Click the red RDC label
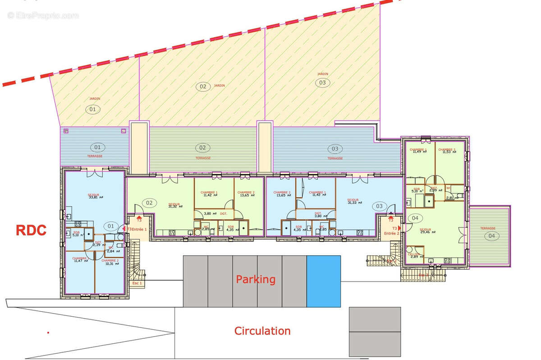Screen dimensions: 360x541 click(31, 231)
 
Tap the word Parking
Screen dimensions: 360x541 click(256, 279)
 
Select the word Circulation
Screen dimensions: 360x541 click(262, 331)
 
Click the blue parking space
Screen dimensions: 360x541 click(323, 281)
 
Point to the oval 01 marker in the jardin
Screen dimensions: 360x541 click(92, 109)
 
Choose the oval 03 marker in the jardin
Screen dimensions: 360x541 click(322, 83)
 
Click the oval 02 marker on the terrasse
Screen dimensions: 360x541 click(202, 148)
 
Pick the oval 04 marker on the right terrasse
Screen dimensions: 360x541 click(490, 235)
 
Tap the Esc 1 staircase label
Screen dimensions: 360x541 click(137, 283)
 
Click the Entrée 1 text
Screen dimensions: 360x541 click(139, 229)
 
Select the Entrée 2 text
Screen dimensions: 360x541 click(391, 233)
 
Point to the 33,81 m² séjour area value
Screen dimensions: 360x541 click(95, 197)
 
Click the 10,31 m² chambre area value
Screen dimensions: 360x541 click(110, 264)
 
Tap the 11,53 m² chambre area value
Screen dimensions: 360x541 click(447, 152)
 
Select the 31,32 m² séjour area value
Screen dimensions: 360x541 click(174, 207)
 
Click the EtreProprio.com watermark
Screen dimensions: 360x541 click(43, 16)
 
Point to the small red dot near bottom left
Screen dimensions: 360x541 click(48, 332)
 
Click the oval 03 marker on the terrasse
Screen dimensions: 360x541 click(335, 148)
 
